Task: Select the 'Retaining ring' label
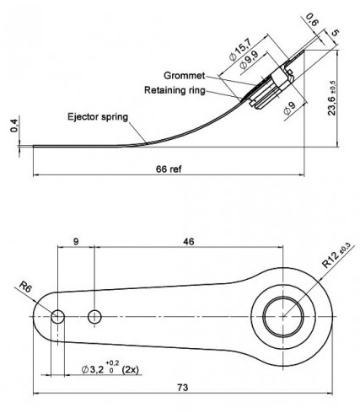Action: (x=180, y=89)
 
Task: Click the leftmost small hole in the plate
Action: (x=57, y=317)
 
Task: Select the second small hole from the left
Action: (x=94, y=317)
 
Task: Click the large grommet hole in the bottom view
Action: (x=283, y=317)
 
